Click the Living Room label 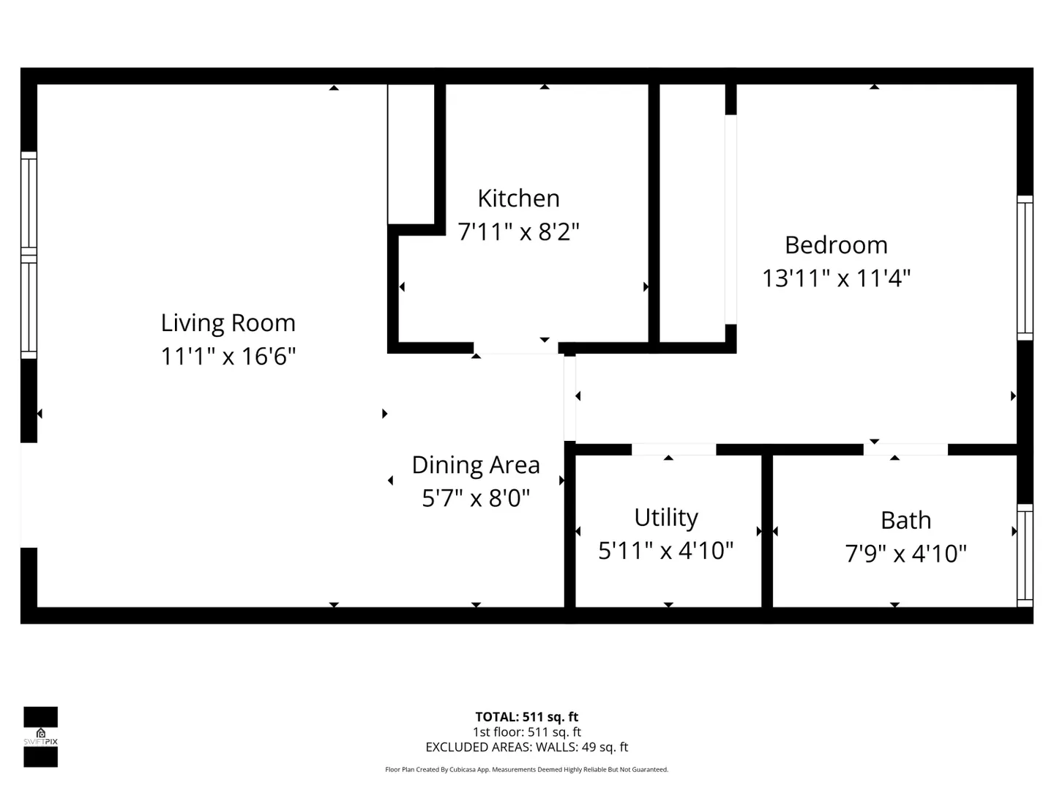click(x=228, y=323)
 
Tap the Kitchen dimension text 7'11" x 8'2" click(x=519, y=231)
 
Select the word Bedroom click(x=836, y=245)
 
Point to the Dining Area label click(x=476, y=465)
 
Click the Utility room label click(x=666, y=518)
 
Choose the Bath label click(x=905, y=520)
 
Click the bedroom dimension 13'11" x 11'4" click(x=836, y=278)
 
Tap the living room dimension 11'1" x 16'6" click(x=228, y=357)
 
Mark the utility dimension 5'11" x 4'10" click(x=666, y=550)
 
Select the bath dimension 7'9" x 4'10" click(x=905, y=553)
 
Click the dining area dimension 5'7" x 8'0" click(x=476, y=498)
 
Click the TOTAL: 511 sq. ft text click(x=527, y=716)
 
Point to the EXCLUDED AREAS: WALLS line click(x=527, y=747)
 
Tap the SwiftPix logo click(x=41, y=737)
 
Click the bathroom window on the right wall click(x=1025, y=555)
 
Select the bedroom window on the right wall click(x=1025, y=268)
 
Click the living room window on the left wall click(x=29, y=255)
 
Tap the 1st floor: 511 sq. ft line click(x=527, y=732)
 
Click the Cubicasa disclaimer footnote click(x=527, y=769)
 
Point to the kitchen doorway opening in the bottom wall click(x=516, y=348)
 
